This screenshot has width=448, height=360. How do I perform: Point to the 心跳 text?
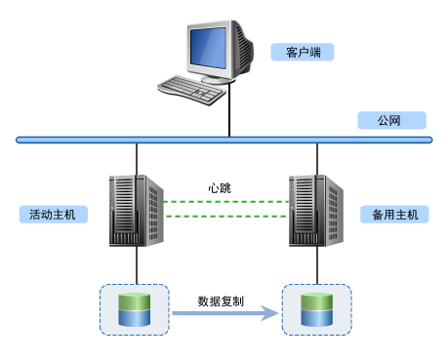click(x=220, y=187)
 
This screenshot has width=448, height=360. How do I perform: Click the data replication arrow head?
click(x=266, y=314)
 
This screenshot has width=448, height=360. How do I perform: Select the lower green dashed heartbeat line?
click(x=225, y=215)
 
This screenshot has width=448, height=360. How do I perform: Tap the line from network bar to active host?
click(x=137, y=158)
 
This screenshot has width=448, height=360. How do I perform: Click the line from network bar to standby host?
click(x=317, y=158)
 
